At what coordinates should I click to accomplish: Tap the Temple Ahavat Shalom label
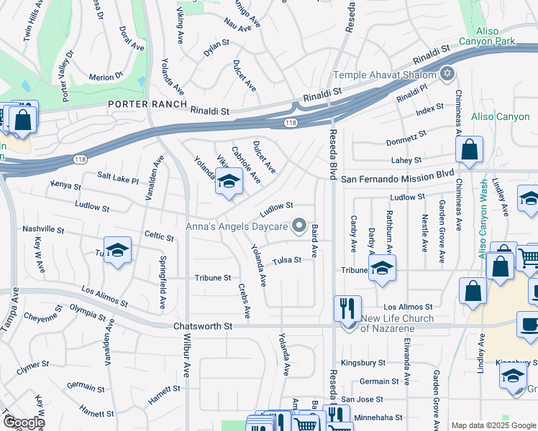click(x=385, y=75)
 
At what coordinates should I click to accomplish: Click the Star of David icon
click(x=447, y=74)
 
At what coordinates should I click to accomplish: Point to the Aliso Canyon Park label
click(x=496, y=37)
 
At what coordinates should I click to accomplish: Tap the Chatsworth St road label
click(x=203, y=326)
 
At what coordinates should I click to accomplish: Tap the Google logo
click(x=23, y=422)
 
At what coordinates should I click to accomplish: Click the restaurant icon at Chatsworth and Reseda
click(x=348, y=308)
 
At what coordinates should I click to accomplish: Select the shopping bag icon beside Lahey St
click(x=469, y=150)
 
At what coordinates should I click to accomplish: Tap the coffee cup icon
click(x=529, y=323)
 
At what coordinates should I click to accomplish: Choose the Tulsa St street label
click(x=286, y=260)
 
